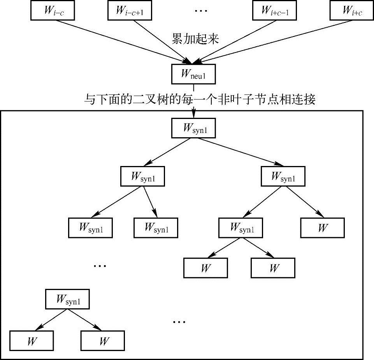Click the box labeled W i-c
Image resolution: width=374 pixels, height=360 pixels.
52,10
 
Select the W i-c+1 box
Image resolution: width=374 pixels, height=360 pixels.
130,10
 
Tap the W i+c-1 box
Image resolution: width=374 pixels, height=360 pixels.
274,10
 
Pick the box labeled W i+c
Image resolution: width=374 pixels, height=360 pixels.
351,10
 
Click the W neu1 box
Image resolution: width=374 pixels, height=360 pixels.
193,74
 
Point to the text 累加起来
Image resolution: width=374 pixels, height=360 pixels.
195,38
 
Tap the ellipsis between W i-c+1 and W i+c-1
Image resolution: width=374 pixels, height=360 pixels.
201,11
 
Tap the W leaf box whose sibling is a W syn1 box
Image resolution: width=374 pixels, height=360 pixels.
322,227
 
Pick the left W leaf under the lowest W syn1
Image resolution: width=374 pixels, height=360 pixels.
32,341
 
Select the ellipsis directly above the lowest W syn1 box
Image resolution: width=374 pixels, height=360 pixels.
100,266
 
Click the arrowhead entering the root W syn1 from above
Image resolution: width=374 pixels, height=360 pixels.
193,114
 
